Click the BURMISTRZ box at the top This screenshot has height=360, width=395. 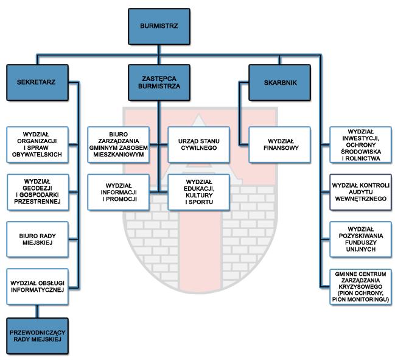pyautogui.click(x=159, y=26)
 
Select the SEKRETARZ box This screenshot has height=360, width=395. pyautogui.click(x=37, y=82)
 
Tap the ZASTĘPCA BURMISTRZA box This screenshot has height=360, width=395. pyautogui.click(x=159, y=82)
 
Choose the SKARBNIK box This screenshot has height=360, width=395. pyautogui.click(x=279, y=82)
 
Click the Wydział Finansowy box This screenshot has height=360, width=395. pyautogui.click(x=279, y=145)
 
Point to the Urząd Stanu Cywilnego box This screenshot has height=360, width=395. pyautogui.click(x=199, y=145)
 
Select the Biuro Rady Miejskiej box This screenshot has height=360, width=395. pyautogui.click(x=38, y=239)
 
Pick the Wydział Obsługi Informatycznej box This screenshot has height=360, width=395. pyautogui.click(x=38, y=287)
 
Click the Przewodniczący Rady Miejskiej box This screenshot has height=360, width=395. pyautogui.click(x=38, y=336)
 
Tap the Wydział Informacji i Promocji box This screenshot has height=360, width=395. pyautogui.click(x=119, y=192)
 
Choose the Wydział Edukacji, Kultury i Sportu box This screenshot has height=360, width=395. pyautogui.click(x=199, y=192)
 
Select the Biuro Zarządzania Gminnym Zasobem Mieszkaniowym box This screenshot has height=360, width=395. pyautogui.click(x=119, y=145)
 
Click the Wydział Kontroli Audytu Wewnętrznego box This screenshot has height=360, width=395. pyautogui.click(x=361, y=192)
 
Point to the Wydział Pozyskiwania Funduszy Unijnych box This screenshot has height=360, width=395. pyautogui.click(x=361, y=239)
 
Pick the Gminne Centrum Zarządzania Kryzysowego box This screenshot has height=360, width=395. pyautogui.click(x=361, y=287)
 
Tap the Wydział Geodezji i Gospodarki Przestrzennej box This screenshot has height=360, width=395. pyautogui.click(x=38, y=192)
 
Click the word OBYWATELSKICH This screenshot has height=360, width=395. pyautogui.click(x=37, y=155)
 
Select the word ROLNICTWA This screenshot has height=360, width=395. pyautogui.click(x=361, y=158)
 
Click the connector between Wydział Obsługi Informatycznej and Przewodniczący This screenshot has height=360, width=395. pyautogui.click(x=37, y=311)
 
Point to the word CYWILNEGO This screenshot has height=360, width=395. pyautogui.click(x=199, y=148)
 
